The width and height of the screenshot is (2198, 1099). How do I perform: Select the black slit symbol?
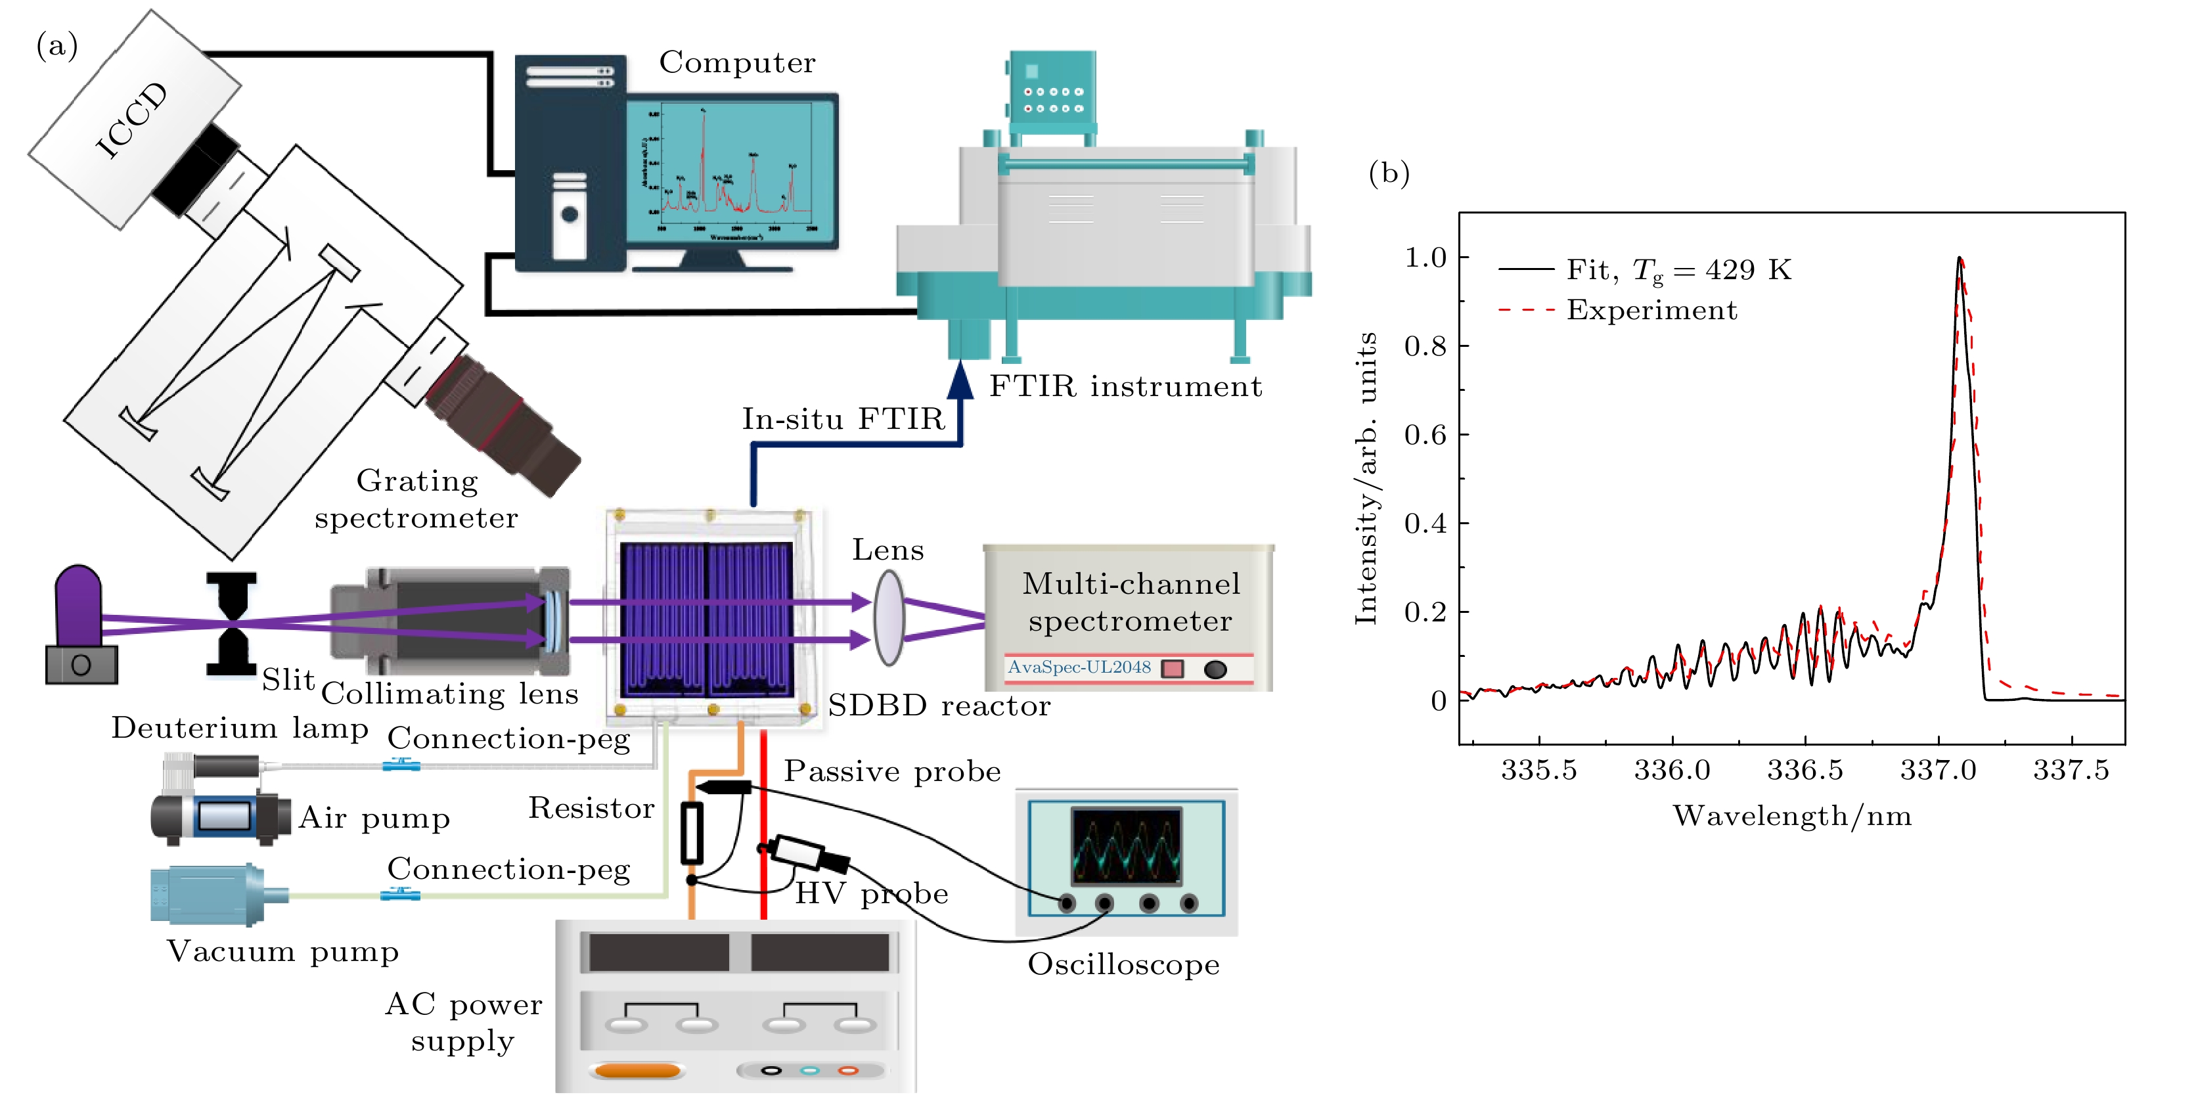pyautogui.click(x=231, y=623)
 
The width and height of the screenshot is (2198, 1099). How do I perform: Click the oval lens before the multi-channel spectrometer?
pyautogui.click(x=888, y=617)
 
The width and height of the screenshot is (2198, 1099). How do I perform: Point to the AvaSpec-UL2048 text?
pyautogui.click(x=1079, y=667)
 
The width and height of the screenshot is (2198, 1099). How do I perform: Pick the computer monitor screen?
pyautogui.click(x=732, y=171)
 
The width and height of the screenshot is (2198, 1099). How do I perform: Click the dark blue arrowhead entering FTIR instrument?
pyautogui.click(x=961, y=380)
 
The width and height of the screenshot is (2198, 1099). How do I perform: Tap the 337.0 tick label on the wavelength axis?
pyautogui.click(x=1938, y=771)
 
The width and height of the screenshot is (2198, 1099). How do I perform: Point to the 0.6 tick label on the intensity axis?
pyautogui.click(x=1425, y=435)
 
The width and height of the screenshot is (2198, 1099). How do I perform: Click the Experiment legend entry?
pyautogui.click(x=1651, y=310)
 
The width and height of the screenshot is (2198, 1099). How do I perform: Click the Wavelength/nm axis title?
pyautogui.click(x=1792, y=817)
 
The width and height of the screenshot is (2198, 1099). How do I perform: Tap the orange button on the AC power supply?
pyautogui.click(x=637, y=1070)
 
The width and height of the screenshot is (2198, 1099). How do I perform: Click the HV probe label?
pyautogui.click(x=871, y=894)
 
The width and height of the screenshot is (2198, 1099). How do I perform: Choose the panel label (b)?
pyautogui.click(x=1388, y=173)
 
